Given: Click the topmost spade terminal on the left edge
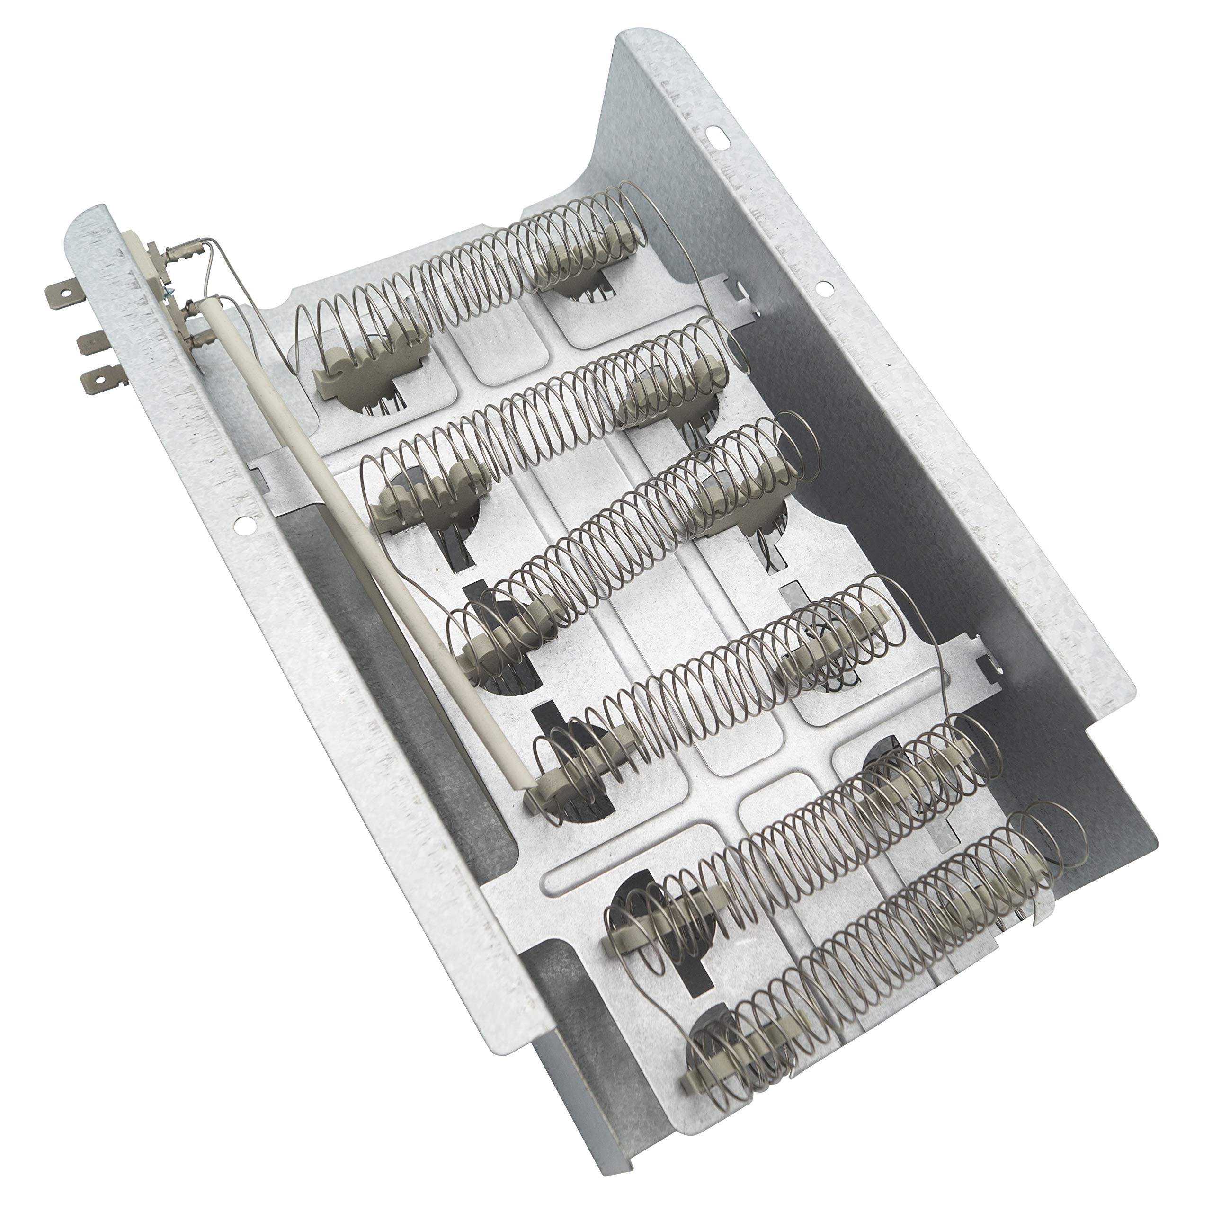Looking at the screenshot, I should pyautogui.click(x=61, y=293).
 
